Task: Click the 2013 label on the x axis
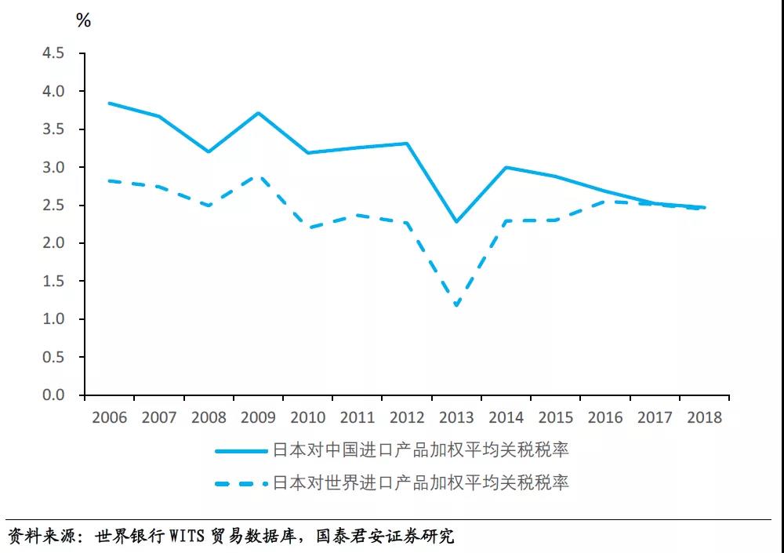click(x=456, y=417)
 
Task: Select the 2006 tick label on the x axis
click(x=109, y=417)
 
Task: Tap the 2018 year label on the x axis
click(x=704, y=417)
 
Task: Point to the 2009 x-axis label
click(x=258, y=417)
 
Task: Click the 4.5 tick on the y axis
click(x=53, y=53)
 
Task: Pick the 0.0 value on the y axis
click(x=53, y=395)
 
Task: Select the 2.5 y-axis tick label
click(x=53, y=206)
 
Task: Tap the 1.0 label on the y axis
click(x=53, y=319)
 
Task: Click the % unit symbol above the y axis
click(x=83, y=21)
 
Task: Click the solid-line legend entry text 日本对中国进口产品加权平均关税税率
click(x=420, y=449)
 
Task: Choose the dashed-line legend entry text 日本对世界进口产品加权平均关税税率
click(x=420, y=482)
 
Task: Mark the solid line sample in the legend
click(x=241, y=450)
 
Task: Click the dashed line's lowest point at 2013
click(x=456, y=305)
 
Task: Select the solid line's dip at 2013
click(x=456, y=222)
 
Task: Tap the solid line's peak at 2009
click(x=258, y=113)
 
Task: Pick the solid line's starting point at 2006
click(x=109, y=103)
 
